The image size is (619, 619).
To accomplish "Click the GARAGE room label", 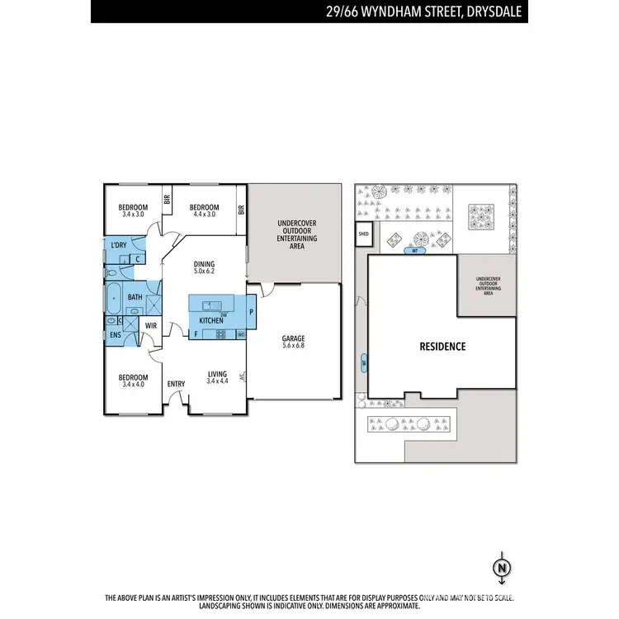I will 294,338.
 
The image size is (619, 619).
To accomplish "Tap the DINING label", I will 204,264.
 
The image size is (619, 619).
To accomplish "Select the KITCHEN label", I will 210,320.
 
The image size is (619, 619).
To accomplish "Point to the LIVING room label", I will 217,373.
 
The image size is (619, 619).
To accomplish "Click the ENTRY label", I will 176,384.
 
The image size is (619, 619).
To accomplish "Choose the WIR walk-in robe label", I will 151,326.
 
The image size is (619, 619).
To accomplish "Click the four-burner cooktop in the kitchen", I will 220,334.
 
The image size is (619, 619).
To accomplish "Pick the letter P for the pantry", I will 251,313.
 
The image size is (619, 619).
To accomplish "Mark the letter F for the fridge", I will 196,334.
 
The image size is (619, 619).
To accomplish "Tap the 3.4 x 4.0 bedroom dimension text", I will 133,384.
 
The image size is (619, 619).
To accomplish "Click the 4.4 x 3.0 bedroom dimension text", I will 204,215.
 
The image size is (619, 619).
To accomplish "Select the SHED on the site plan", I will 363,234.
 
